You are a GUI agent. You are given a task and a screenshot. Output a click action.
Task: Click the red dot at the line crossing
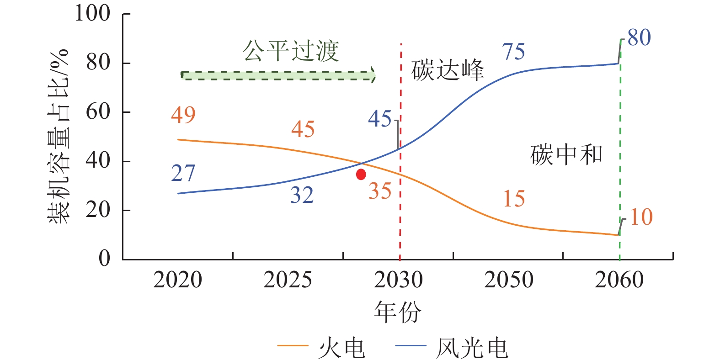coord(361,174)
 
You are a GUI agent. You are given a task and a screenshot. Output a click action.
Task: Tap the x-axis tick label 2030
coord(398,280)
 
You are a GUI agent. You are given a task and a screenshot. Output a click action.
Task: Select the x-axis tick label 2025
coord(288,280)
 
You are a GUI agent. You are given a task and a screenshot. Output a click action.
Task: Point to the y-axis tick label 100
coord(92,13)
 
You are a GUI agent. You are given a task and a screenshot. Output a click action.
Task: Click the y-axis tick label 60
coord(98,111)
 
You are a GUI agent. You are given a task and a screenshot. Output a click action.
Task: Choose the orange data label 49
coord(183,115)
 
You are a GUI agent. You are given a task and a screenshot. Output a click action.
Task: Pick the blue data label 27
coord(183,174)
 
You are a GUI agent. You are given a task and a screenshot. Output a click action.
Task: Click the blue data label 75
coord(513,52)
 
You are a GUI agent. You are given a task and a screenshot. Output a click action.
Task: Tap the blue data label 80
coord(639,38)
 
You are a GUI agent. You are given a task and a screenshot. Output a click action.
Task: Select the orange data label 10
coord(641,217)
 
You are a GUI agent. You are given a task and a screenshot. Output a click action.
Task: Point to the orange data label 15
coord(514,199)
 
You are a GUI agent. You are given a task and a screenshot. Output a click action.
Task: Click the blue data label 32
coord(302,196)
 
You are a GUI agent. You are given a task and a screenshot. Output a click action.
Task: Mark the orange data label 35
coord(380,191)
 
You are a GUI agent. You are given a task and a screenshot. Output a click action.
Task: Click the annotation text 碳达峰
coord(448,71)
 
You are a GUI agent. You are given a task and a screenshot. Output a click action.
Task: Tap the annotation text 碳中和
coord(566,155)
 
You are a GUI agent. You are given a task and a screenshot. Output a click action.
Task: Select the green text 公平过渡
coord(291,51)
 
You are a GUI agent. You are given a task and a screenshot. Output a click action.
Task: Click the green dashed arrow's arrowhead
coord(373,75)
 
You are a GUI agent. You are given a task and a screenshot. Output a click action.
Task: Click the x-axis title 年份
coord(397,312)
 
